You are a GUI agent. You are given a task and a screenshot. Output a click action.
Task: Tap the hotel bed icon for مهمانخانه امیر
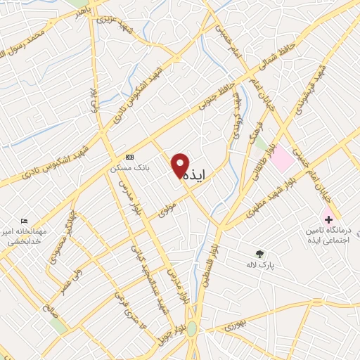(25, 221)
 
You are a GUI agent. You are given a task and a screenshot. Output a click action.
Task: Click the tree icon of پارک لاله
(260, 254)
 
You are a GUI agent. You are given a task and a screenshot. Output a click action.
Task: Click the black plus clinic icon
(328, 219)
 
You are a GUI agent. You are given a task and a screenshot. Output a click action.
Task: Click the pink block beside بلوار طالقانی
(282, 158)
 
